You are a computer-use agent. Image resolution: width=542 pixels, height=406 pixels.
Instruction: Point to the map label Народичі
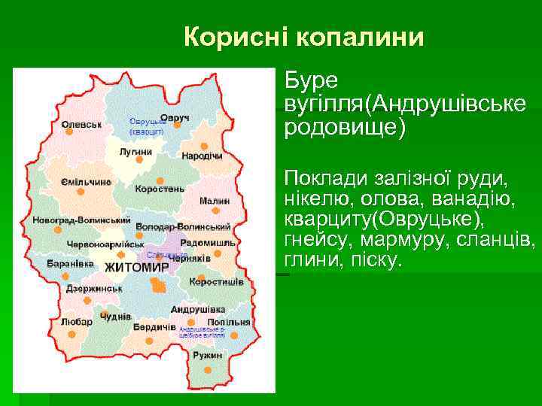click(x=202, y=156)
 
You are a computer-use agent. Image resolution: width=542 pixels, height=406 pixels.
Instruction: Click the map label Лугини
click(x=135, y=151)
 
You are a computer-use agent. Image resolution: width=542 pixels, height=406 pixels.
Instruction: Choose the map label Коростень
click(x=160, y=189)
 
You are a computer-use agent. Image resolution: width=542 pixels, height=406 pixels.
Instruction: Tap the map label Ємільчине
click(x=86, y=182)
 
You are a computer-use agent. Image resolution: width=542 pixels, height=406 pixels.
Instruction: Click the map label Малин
click(x=215, y=201)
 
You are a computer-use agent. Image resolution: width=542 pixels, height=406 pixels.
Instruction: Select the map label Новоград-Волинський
click(x=81, y=221)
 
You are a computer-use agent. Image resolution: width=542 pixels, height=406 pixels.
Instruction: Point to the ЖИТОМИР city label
click(x=136, y=267)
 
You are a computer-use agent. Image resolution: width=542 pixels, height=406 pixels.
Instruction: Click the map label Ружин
click(x=207, y=354)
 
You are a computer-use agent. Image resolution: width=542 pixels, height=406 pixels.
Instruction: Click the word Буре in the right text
click(x=311, y=79)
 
